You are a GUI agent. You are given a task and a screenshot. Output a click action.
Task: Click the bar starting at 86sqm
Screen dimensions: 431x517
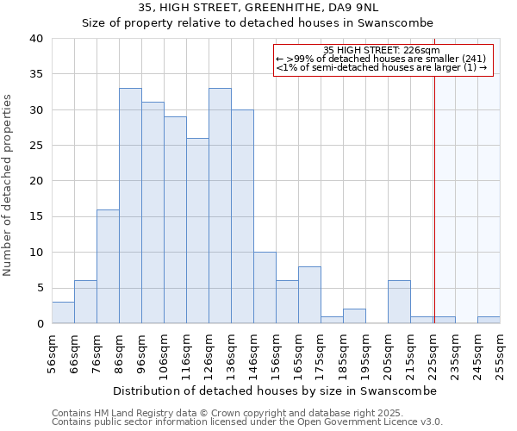point(130,206)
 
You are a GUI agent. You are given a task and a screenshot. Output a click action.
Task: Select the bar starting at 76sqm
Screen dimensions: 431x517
point(108,266)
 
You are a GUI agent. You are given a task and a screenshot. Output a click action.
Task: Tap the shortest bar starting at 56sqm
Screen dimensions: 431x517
point(63,313)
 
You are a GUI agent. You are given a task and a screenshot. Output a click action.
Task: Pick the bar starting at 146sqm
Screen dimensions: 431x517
point(265,288)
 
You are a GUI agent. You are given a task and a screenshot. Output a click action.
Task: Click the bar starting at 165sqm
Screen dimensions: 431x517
point(309,295)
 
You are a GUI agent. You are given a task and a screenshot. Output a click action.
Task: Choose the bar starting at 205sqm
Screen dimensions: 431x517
point(399,303)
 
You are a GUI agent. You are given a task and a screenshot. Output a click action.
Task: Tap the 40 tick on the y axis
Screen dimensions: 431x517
point(35,39)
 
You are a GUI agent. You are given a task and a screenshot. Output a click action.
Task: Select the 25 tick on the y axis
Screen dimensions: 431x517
point(35,146)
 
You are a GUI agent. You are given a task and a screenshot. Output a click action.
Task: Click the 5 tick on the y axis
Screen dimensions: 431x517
point(39,288)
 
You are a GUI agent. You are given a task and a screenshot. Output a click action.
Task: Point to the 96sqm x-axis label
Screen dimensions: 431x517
point(142,354)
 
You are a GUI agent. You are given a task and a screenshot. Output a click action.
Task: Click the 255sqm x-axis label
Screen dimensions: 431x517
point(501,354)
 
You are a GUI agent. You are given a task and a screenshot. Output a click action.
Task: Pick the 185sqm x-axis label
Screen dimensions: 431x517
point(344,354)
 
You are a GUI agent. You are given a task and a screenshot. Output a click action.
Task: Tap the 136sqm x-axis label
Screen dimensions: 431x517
point(232,354)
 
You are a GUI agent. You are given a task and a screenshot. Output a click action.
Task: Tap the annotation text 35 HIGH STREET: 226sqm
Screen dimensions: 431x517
point(382,50)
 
